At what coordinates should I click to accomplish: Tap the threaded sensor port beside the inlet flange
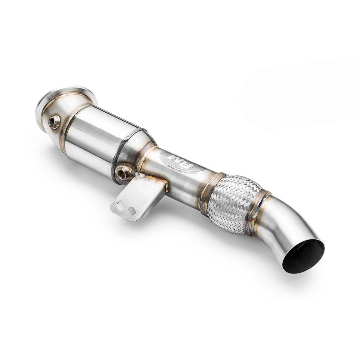tap(55, 122)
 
